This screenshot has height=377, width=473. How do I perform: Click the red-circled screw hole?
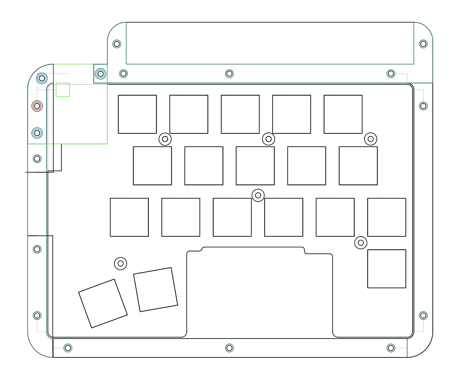(37, 106)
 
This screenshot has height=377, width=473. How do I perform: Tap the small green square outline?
(63, 90)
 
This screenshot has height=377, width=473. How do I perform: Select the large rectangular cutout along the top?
(270, 43)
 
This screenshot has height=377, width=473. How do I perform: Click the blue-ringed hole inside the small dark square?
(101, 74)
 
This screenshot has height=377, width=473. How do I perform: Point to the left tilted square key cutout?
(103, 303)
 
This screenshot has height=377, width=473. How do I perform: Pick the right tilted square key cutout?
(156, 290)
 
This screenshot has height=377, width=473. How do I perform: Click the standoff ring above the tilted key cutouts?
(121, 263)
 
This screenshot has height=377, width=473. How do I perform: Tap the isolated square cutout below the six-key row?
(387, 269)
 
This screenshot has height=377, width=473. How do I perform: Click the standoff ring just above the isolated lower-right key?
(361, 243)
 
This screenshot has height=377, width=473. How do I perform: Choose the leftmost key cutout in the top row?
(137, 114)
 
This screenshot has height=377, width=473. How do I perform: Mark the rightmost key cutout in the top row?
(343, 114)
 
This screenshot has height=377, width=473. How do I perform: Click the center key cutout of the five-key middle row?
(255, 166)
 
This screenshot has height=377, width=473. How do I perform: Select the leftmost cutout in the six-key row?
(129, 217)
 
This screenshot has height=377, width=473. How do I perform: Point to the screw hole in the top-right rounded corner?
(423, 44)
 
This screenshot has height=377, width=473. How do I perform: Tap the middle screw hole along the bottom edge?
(229, 348)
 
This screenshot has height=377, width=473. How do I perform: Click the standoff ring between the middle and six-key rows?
(258, 195)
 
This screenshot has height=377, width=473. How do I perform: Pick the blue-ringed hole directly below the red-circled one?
(37, 133)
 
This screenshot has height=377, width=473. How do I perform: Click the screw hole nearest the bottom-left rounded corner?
(68, 348)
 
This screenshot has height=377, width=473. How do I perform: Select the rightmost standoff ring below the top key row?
(370, 139)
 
